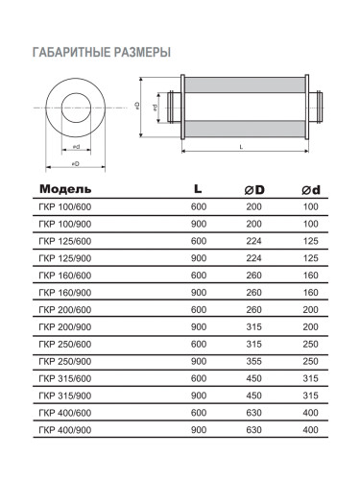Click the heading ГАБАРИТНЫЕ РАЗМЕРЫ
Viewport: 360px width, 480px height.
102,52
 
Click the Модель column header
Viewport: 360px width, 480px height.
65,189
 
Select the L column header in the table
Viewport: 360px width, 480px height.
198,188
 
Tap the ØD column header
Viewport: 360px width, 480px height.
254,190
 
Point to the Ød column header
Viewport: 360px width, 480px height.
311,190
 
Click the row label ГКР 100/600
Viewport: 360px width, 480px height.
65,207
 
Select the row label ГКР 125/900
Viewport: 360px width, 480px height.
65,258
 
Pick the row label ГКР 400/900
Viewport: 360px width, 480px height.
65,430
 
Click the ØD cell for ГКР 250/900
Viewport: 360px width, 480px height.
254,361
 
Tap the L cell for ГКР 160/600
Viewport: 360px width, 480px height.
199,276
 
